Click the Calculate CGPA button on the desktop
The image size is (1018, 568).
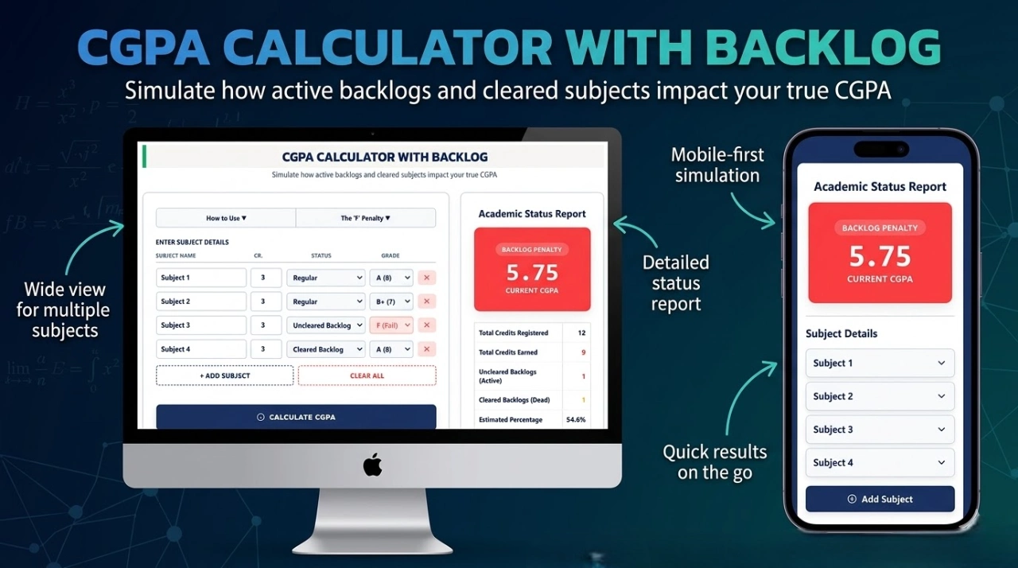[296, 417]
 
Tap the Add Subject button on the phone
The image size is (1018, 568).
[880, 499]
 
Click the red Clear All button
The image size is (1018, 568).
[367, 375]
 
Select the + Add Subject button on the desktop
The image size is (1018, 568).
[224, 375]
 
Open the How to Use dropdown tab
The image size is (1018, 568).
[226, 218]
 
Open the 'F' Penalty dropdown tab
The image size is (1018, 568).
[366, 218]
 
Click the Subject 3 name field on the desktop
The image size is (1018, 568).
[201, 325]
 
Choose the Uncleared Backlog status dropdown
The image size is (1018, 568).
[325, 325]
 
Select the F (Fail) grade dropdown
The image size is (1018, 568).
[391, 325]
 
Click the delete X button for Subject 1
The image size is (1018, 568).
[426, 278]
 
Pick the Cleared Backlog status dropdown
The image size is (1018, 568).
[325, 349]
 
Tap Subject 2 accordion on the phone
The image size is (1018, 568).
[880, 396]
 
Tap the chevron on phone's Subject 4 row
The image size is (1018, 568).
[942, 462]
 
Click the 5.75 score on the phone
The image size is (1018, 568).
[880, 256]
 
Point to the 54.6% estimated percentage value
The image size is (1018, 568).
[575, 419]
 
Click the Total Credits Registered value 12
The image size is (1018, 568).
[581, 333]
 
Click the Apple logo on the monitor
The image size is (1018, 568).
[372, 465]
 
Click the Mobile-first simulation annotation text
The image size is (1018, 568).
[717, 165]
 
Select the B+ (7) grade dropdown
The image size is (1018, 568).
[391, 302]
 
